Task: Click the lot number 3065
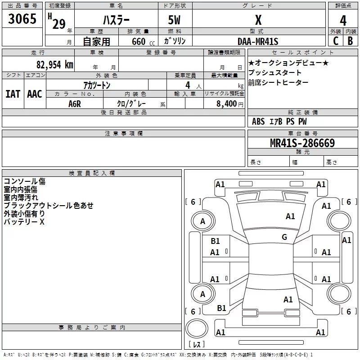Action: click(x=22, y=18)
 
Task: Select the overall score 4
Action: click(x=343, y=21)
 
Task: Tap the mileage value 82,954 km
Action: click(x=54, y=65)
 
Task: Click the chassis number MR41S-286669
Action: click(x=302, y=143)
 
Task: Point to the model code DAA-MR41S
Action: click(x=258, y=41)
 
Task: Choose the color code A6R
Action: click(x=75, y=104)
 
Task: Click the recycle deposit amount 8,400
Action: click(x=226, y=103)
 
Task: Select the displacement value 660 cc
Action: click(x=143, y=41)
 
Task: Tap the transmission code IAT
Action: click(x=13, y=94)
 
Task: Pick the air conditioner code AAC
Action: click(x=35, y=94)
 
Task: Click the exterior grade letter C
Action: click(x=335, y=40)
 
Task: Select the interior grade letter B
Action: click(x=350, y=40)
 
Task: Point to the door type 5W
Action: click(x=174, y=20)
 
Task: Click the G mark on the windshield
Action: click(x=284, y=237)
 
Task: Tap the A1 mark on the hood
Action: click(x=290, y=216)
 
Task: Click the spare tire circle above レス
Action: click(x=197, y=328)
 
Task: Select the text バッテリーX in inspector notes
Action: click(x=24, y=222)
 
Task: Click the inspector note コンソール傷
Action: click(x=25, y=181)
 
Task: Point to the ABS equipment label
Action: click(x=258, y=121)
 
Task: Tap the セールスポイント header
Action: click(x=302, y=52)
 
